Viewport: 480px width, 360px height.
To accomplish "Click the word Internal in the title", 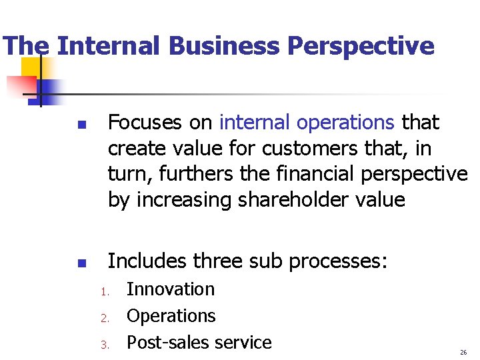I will pos(109,46).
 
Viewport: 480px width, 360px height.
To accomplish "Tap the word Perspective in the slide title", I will pos(361,46).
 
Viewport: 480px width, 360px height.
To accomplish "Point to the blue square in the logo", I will pos(48,89).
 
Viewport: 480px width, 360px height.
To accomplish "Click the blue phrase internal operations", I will pos(307,123).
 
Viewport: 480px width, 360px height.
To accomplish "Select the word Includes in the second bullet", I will pos(148,260).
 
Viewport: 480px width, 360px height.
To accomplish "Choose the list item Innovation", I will pos(171,289).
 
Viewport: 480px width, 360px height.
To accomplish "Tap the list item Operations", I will pos(171,316).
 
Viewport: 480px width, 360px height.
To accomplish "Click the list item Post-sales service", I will pos(199,343).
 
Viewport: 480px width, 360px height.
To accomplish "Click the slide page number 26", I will pos(463,352).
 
